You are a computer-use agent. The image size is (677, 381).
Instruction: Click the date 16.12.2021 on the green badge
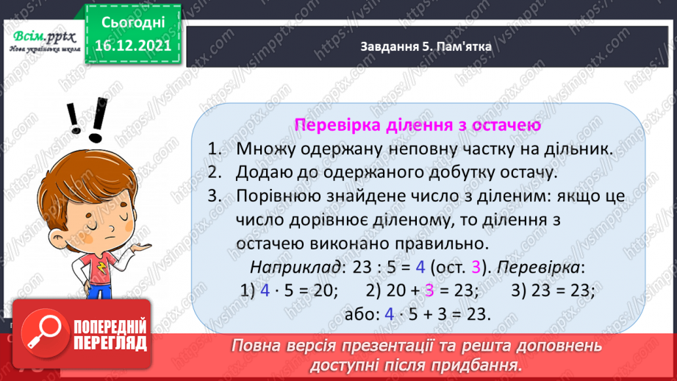coord(133,46)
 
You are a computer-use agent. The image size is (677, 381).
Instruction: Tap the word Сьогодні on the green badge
coord(133,23)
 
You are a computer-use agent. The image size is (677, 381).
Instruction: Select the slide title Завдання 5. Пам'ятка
coord(426,46)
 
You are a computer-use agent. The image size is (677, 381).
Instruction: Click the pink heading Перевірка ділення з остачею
coord(418,125)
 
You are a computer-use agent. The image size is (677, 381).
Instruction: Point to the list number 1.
coord(214,149)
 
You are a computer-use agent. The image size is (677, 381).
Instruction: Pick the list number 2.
coord(214,172)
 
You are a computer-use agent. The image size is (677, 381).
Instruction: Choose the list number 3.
coord(214,196)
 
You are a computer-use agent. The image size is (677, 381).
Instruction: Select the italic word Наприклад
coord(295,268)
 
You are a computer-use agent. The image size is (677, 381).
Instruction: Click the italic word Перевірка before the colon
coord(538,268)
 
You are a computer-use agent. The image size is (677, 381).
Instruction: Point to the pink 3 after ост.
coord(476,268)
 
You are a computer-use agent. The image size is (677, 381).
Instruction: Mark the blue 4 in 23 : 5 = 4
coord(420,268)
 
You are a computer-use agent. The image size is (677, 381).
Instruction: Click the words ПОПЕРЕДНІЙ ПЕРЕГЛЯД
coord(110,335)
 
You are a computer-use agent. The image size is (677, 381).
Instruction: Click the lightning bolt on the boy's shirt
coord(101,268)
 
